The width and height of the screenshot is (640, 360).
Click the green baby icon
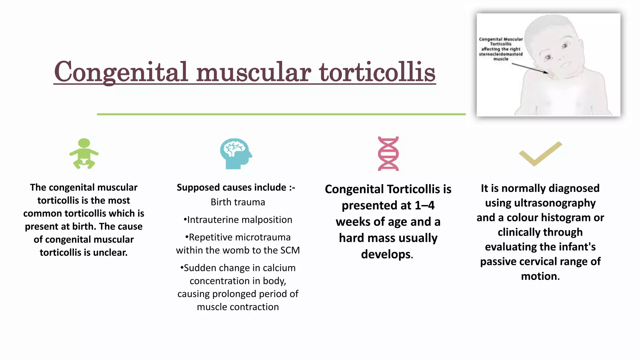point(84,153)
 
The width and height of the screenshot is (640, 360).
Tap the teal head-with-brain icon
point(236,153)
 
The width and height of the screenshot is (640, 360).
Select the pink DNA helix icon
point(388,153)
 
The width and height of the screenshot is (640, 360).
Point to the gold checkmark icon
point(540,153)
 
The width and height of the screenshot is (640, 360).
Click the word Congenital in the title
point(121,72)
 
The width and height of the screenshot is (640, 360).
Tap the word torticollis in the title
point(377,72)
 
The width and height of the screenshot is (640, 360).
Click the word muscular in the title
point(253,72)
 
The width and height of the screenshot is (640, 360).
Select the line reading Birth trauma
point(238,202)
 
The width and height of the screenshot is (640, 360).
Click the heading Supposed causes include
point(231,187)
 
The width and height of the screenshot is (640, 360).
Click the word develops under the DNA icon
point(386,254)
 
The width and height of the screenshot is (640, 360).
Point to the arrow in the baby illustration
point(530,68)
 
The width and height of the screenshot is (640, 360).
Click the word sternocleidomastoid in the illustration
point(501,54)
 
